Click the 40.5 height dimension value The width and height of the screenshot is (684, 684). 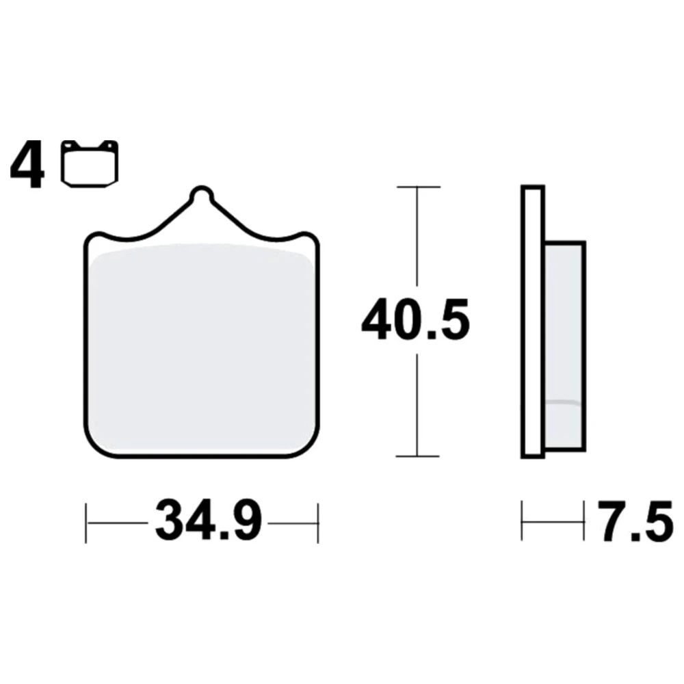[415, 319]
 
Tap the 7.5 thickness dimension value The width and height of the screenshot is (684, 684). [635, 522]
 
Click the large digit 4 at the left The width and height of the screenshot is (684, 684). [27, 164]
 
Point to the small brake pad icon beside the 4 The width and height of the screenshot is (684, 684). [90, 164]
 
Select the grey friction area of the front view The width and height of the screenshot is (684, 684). [202, 347]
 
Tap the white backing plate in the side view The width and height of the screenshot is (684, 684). [533, 322]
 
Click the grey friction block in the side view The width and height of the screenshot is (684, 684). [565, 345]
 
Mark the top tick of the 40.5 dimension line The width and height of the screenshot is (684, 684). [419, 187]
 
